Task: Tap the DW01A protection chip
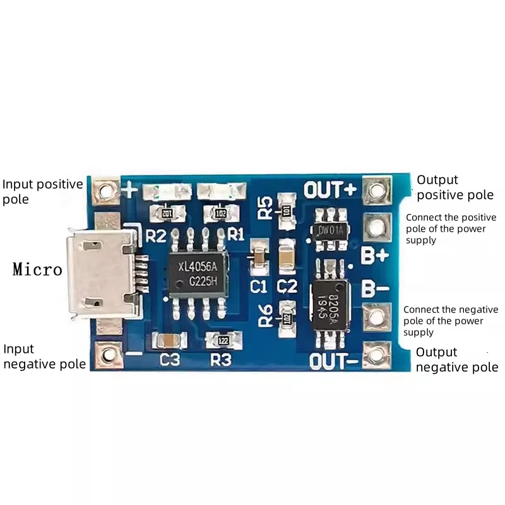click(x=330, y=230)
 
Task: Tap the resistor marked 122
click(x=222, y=341)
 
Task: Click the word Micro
click(x=38, y=270)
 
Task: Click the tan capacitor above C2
click(x=287, y=258)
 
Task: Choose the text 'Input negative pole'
click(x=44, y=357)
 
